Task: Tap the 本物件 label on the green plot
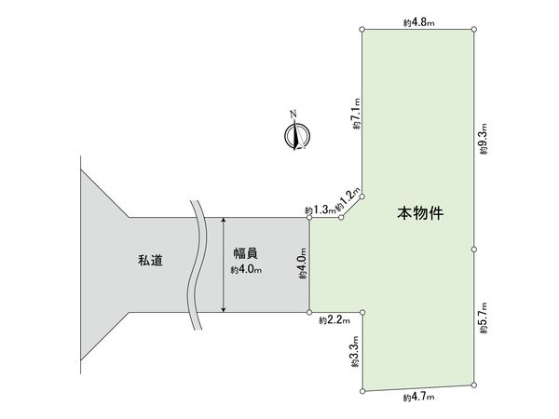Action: [420, 213]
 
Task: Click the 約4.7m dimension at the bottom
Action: [419, 398]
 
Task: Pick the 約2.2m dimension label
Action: [333, 320]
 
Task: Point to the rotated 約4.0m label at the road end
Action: [302, 264]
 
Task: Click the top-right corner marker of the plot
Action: [475, 29]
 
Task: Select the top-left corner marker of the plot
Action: [361, 29]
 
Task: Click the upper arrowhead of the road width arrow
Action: [223, 222]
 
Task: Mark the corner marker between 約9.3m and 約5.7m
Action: [475, 250]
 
